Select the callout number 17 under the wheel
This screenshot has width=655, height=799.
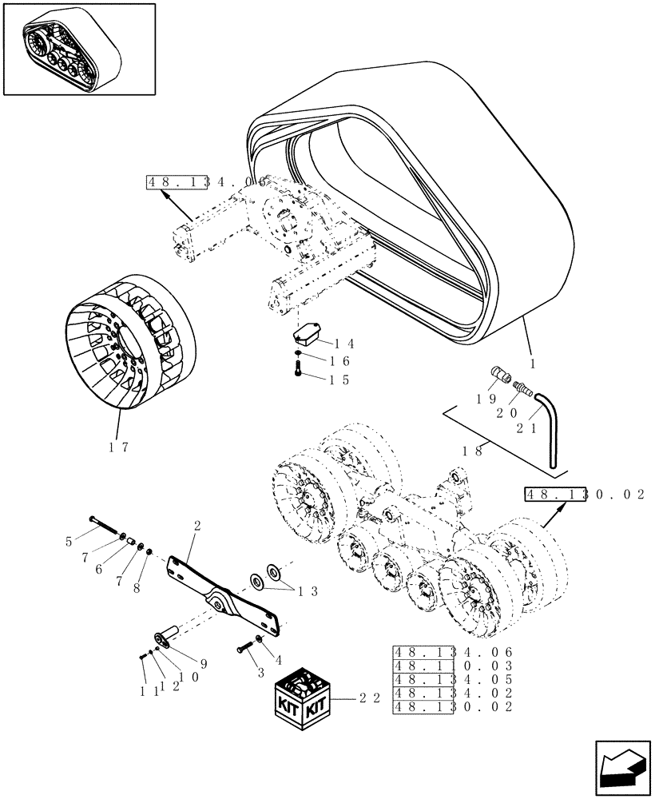click(x=119, y=447)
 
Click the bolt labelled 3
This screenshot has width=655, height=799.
click(x=242, y=650)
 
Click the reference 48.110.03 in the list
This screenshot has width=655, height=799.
click(x=451, y=666)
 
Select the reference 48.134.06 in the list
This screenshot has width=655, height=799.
click(x=451, y=652)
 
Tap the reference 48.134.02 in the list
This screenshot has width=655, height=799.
click(x=451, y=693)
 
